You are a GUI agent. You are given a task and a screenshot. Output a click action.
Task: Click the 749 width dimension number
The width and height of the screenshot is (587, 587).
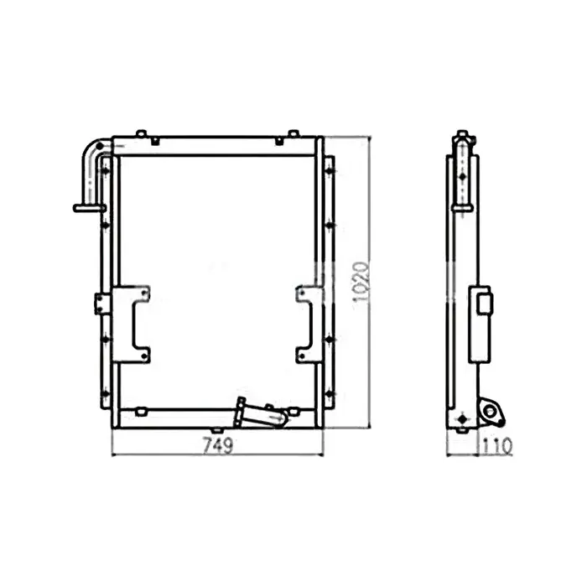point(216,445)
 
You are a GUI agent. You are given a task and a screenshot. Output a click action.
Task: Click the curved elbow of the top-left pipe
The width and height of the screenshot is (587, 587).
point(91,151)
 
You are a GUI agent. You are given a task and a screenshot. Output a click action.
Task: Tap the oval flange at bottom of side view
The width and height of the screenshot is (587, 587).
point(489,410)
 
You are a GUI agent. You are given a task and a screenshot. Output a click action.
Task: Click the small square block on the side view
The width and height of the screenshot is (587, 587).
point(485,302)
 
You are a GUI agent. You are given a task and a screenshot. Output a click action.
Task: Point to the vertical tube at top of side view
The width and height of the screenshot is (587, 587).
point(462,172)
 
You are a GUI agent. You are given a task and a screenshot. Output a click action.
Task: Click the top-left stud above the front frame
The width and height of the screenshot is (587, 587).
point(141,133)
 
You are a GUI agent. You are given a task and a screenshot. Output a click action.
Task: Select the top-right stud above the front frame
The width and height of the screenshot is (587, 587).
point(291,133)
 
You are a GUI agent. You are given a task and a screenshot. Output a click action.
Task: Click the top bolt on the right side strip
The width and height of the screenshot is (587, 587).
point(329,171)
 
